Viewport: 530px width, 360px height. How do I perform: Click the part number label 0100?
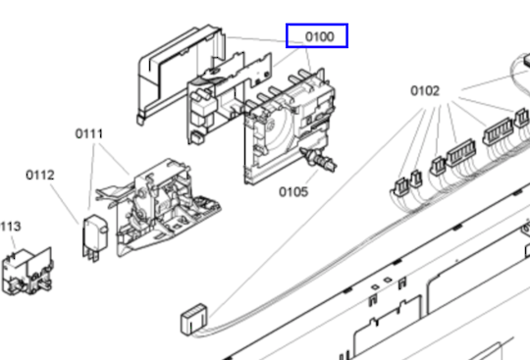tap(319, 36)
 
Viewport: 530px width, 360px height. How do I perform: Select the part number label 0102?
tap(425, 91)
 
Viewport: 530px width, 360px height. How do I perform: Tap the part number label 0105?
tap(293, 192)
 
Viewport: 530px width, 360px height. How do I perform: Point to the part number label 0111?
tap(89, 133)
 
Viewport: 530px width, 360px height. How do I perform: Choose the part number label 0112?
tap(40, 175)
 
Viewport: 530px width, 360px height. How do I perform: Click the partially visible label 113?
tap(11, 227)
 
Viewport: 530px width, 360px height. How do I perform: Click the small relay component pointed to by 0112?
tap(95, 237)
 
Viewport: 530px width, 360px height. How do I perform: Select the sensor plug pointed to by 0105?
tap(318, 159)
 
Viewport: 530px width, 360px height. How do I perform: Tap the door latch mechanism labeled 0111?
tap(159, 206)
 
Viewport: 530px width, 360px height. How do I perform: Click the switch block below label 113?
tap(27, 272)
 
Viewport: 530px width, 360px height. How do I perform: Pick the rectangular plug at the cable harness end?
tap(194, 319)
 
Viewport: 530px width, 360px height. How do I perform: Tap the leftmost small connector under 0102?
tap(401, 186)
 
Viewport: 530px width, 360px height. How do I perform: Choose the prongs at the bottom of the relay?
tap(90, 256)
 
